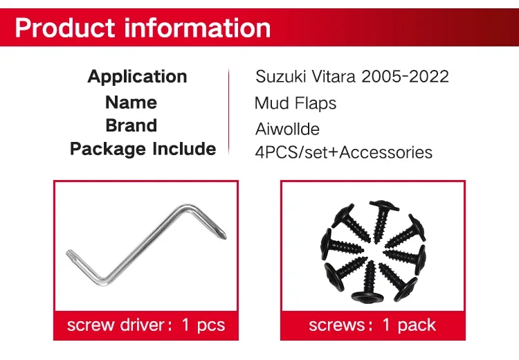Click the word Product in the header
(65, 28)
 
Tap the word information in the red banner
(198, 28)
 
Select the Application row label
(138, 78)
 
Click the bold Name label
(131, 102)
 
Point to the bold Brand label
(131, 125)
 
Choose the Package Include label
(143, 149)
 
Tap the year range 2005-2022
(405, 77)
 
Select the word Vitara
(334, 77)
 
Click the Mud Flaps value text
(295, 103)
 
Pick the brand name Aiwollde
(287, 129)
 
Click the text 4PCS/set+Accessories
(343, 153)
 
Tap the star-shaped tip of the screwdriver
(70, 255)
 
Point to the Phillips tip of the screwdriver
(222, 233)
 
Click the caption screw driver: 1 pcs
(146, 325)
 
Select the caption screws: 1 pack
(372, 325)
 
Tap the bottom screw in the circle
(368, 282)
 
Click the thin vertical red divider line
(228, 112)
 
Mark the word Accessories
(385, 153)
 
